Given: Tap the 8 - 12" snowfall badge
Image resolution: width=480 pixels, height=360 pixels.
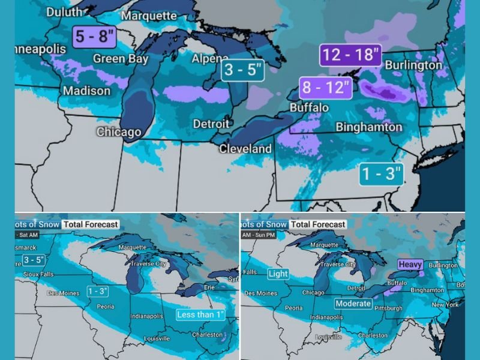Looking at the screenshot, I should (x=325, y=88).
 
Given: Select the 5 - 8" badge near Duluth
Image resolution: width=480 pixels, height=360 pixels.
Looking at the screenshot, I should (x=94, y=37).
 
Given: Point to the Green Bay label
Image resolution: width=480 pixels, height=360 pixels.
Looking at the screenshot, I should (x=121, y=59).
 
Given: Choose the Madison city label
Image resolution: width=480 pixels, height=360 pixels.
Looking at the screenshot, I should (x=86, y=91).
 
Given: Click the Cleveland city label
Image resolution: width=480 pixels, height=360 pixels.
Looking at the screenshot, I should (x=245, y=148).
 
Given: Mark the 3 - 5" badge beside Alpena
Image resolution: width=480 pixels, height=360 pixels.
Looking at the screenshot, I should (x=243, y=70).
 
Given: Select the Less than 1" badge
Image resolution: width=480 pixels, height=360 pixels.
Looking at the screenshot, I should (x=200, y=314).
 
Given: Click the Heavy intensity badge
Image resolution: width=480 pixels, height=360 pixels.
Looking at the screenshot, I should (x=410, y=265).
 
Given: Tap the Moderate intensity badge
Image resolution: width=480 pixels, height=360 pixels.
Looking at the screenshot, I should (x=353, y=304).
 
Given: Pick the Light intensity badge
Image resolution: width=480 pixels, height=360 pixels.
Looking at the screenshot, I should (x=278, y=274).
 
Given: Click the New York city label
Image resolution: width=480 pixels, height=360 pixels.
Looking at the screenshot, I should (x=445, y=305).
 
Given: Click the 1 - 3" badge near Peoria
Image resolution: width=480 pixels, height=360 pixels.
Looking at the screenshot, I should (x=98, y=291).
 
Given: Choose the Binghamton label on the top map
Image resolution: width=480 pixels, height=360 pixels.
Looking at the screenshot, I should (x=368, y=127).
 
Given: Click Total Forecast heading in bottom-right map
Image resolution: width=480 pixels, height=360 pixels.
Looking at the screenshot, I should (x=318, y=224).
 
